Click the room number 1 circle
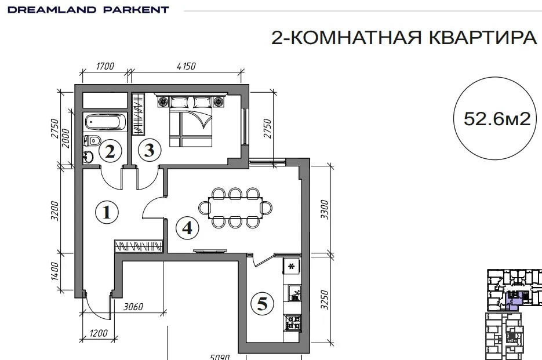click(x=107, y=212)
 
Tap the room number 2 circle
click(x=110, y=151)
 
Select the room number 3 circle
click(x=150, y=150)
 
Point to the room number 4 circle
click(x=187, y=228)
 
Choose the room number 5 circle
click(x=263, y=304)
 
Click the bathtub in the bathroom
click(x=105, y=122)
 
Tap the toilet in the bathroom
click(x=92, y=141)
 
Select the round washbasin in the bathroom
click(x=88, y=157)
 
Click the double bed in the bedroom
click(x=191, y=120)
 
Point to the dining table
click(x=235, y=208)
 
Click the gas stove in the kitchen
click(x=292, y=323)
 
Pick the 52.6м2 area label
click(x=497, y=119)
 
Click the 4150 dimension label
click(x=186, y=66)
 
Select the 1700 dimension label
click(x=105, y=66)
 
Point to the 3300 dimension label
click(x=324, y=209)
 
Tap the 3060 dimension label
click(x=133, y=307)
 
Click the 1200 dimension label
click(x=99, y=333)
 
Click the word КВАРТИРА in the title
click(x=483, y=37)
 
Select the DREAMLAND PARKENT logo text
click(x=88, y=10)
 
